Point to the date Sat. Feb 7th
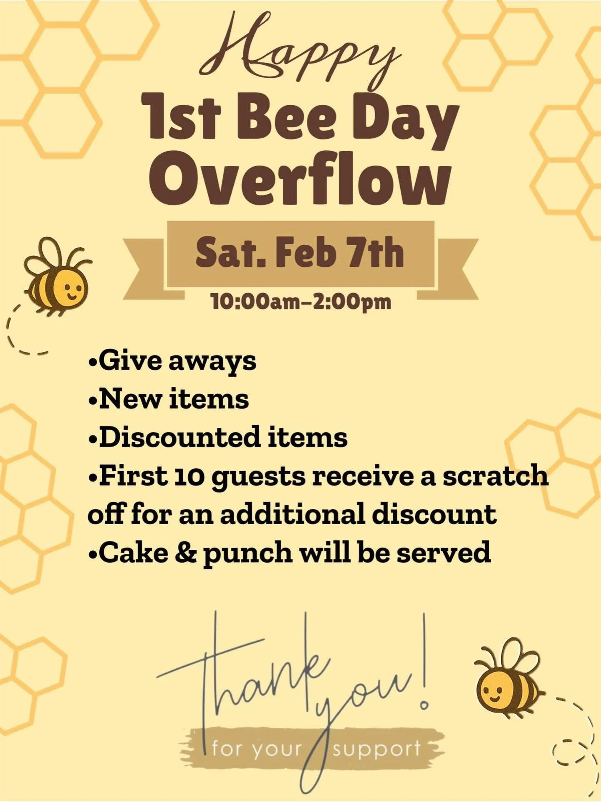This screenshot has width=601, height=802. [x=300, y=253]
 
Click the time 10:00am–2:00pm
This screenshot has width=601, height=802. [x=300, y=301]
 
